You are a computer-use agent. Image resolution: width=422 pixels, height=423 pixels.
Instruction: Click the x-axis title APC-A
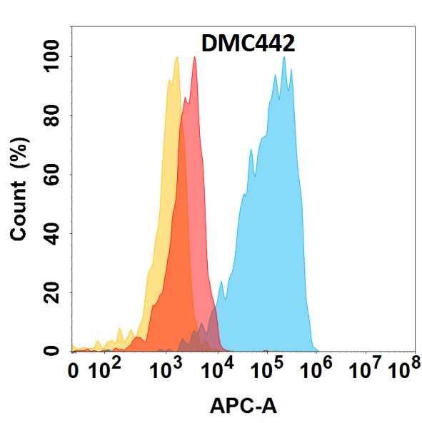(243, 406)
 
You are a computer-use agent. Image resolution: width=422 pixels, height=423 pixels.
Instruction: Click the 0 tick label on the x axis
(74, 372)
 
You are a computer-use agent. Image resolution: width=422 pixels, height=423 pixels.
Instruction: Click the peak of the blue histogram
(284, 58)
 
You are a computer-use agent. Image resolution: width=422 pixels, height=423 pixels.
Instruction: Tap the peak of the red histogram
(194, 58)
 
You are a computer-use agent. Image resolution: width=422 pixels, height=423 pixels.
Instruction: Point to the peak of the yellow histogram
(176, 58)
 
